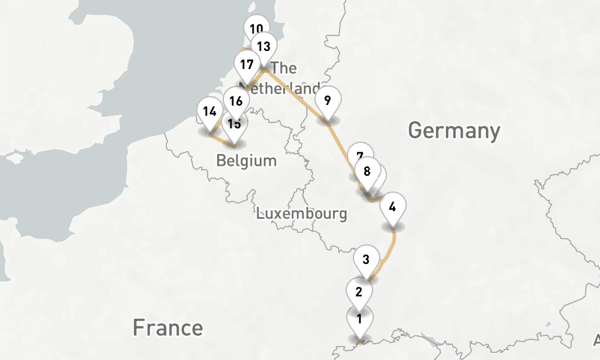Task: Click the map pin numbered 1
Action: (359, 319)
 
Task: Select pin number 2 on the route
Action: (359, 292)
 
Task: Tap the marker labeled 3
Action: (366, 260)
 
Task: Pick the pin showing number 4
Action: (392, 208)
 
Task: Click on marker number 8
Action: (367, 171)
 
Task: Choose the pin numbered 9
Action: (328, 100)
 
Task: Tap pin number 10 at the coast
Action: (256, 28)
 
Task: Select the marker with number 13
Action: (263, 46)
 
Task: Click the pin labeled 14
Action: (209, 111)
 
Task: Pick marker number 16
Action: (236, 101)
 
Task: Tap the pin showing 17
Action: (246, 65)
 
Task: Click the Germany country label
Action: (454, 130)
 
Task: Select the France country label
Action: (167, 328)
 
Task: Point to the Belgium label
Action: (247, 161)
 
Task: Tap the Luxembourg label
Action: (302, 213)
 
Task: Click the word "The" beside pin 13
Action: (284, 68)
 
